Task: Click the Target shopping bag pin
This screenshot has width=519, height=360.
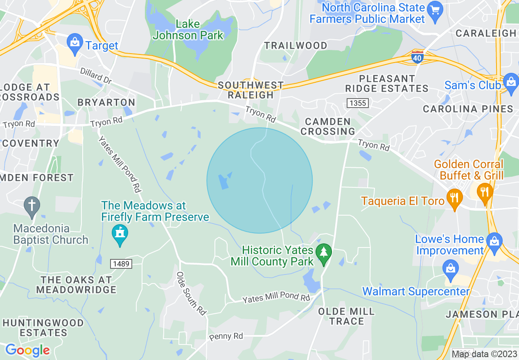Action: (75, 45)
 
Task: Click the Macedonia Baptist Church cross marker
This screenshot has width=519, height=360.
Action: (32, 207)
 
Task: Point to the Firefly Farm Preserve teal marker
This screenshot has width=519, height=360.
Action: (120, 235)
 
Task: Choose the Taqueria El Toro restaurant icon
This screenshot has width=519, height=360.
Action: (454, 199)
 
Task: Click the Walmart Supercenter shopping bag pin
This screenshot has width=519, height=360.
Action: (451, 271)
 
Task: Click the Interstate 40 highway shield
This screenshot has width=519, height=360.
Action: (417, 58)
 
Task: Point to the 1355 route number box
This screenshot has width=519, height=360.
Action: (357, 103)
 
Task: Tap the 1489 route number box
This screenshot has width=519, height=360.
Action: (121, 264)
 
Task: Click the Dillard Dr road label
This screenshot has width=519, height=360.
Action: (96, 76)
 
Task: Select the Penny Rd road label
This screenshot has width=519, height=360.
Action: (226, 337)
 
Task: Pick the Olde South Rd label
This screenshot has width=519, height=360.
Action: (191, 293)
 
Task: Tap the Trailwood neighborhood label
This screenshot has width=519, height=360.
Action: (296, 45)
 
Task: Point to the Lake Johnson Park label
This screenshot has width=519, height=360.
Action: (188, 30)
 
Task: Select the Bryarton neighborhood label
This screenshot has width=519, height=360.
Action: (106, 102)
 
